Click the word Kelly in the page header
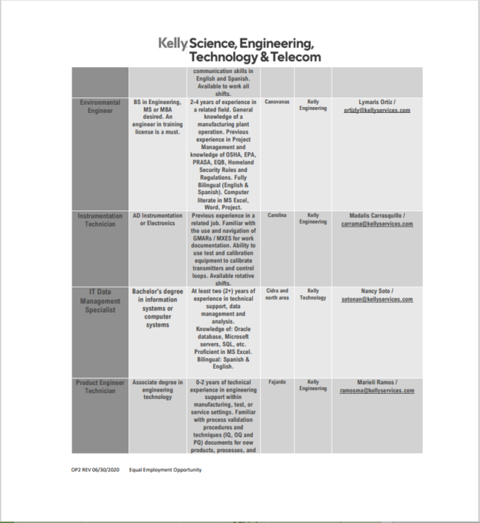173,44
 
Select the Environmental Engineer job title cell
100,106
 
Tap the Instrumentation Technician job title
100,219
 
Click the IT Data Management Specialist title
100,301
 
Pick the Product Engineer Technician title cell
100,386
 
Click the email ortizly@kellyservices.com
377,109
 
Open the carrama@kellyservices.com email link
377,224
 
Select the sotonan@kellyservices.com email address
377,299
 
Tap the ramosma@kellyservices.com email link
377,391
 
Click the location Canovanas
277,102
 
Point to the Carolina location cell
277,216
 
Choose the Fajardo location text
277,382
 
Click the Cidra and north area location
277,294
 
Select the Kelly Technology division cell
313,294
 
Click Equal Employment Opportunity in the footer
165,469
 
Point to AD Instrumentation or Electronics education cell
158,219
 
